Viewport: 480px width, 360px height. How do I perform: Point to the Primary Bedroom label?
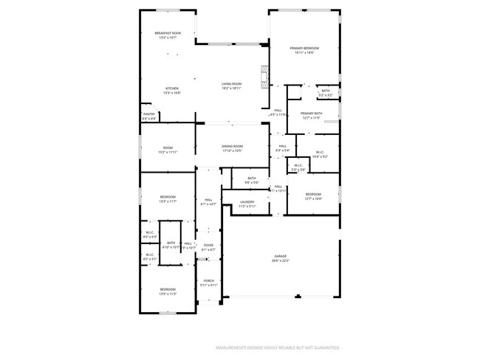(306, 48)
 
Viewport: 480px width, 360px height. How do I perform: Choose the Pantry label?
(148, 114)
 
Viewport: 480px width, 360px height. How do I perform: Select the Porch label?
(208, 281)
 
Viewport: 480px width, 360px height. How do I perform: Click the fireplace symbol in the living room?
(263, 75)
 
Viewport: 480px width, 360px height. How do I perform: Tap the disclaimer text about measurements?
(277, 347)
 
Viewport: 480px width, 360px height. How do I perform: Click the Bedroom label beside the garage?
(314, 194)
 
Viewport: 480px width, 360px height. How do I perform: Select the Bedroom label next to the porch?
(168, 289)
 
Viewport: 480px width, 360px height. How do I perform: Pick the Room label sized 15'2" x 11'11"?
(168, 148)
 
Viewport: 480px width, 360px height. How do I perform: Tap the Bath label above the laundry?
(252, 178)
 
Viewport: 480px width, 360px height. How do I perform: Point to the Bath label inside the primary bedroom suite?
(326, 91)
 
